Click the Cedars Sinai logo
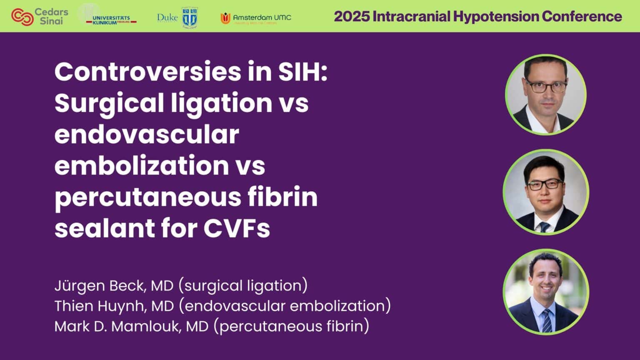[x=40, y=16]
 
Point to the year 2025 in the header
[x=352, y=16]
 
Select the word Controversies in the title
[x=147, y=72]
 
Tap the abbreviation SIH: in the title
[x=302, y=72]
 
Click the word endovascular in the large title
[x=147, y=134]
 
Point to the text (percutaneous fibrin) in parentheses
[x=291, y=326]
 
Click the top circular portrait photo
[x=545, y=95]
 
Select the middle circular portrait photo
[x=545, y=192]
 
